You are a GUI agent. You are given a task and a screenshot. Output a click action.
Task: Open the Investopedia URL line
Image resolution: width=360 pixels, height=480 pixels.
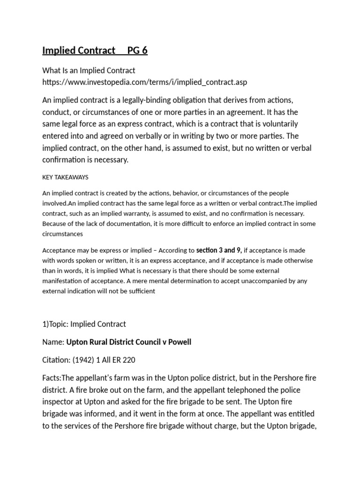point(144,82)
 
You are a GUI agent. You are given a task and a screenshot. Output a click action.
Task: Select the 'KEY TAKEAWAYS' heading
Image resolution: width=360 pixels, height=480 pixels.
point(65,178)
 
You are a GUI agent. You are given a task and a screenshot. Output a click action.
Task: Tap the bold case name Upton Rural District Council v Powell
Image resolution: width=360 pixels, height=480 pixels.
point(129,342)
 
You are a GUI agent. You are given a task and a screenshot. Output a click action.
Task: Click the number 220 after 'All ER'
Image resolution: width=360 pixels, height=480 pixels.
point(129,360)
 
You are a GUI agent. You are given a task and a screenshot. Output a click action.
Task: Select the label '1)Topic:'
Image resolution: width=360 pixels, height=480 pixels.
point(56,324)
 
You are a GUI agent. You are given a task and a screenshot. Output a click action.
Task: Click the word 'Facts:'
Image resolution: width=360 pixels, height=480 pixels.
point(52,378)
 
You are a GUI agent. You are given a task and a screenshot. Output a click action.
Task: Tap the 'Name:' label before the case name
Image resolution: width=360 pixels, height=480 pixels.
point(53,342)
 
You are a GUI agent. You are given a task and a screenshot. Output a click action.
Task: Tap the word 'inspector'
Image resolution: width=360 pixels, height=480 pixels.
point(58,402)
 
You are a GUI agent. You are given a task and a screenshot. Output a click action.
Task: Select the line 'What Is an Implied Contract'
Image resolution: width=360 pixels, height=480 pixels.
point(89,70)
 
